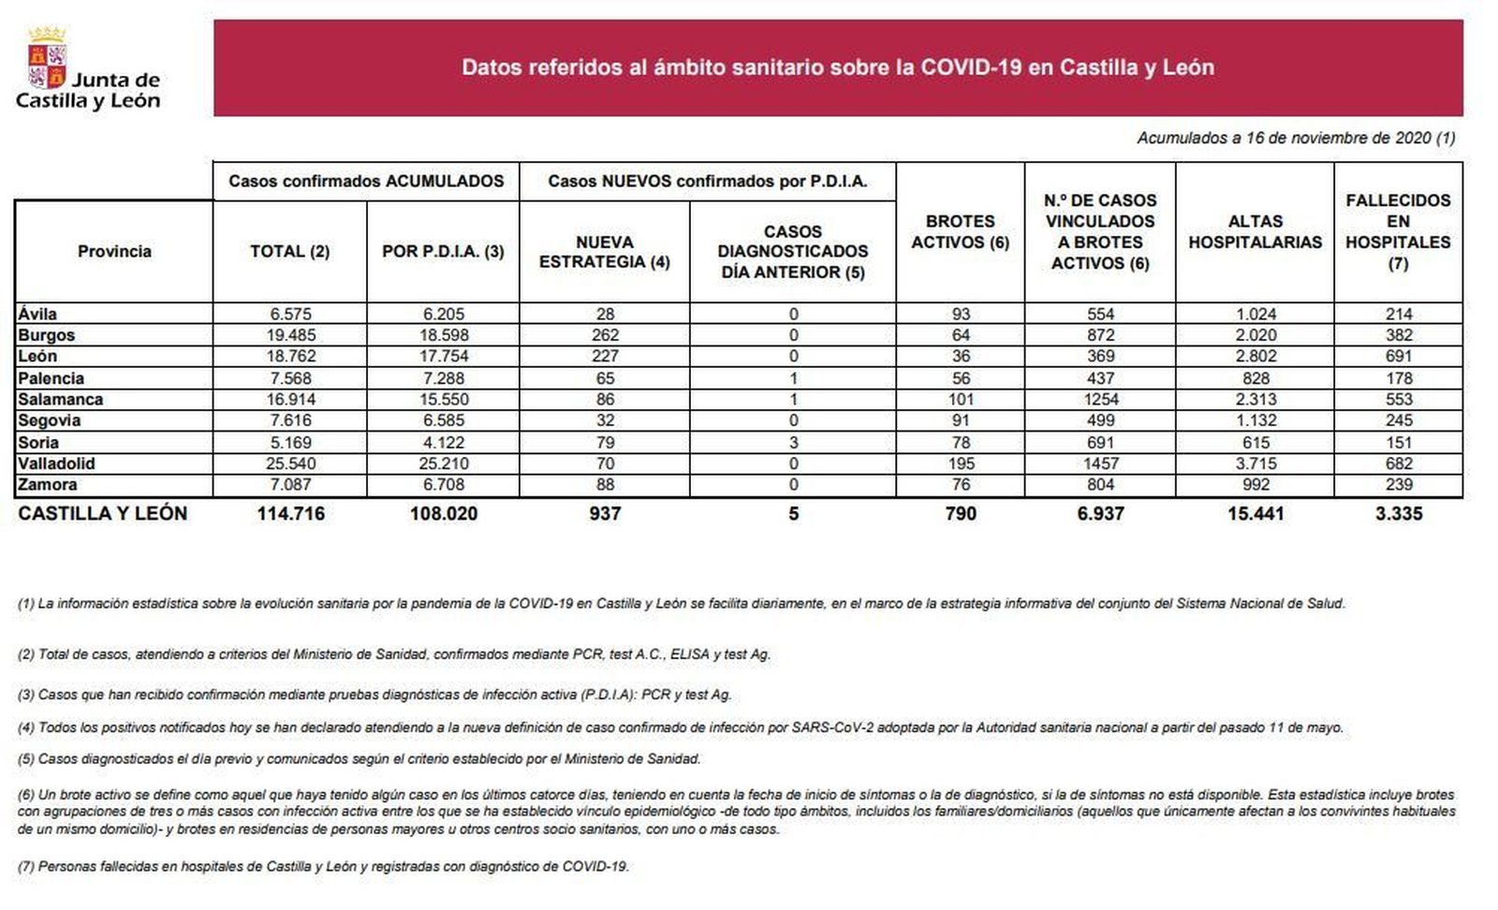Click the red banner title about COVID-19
click(838, 67)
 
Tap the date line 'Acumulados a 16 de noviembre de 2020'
click(1296, 138)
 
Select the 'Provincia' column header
click(114, 251)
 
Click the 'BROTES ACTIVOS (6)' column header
click(961, 232)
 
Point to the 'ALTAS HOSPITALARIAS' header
click(1255, 232)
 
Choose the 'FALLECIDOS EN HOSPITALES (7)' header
click(1398, 232)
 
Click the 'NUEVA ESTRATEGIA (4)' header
click(605, 252)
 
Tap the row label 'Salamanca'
click(61, 400)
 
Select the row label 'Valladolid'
click(56, 463)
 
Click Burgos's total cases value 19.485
click(290, 335)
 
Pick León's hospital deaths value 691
click(1399, 357)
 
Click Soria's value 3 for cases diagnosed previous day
click(793, 442)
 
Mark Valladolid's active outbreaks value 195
click(961, 463)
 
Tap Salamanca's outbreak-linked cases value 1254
click(1100, 400)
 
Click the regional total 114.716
click(290, 513)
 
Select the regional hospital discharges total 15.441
click(1255, 513)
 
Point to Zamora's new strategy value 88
click(605, 485)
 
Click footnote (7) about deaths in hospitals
click(323, 867)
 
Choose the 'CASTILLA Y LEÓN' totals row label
click(103, 513)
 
